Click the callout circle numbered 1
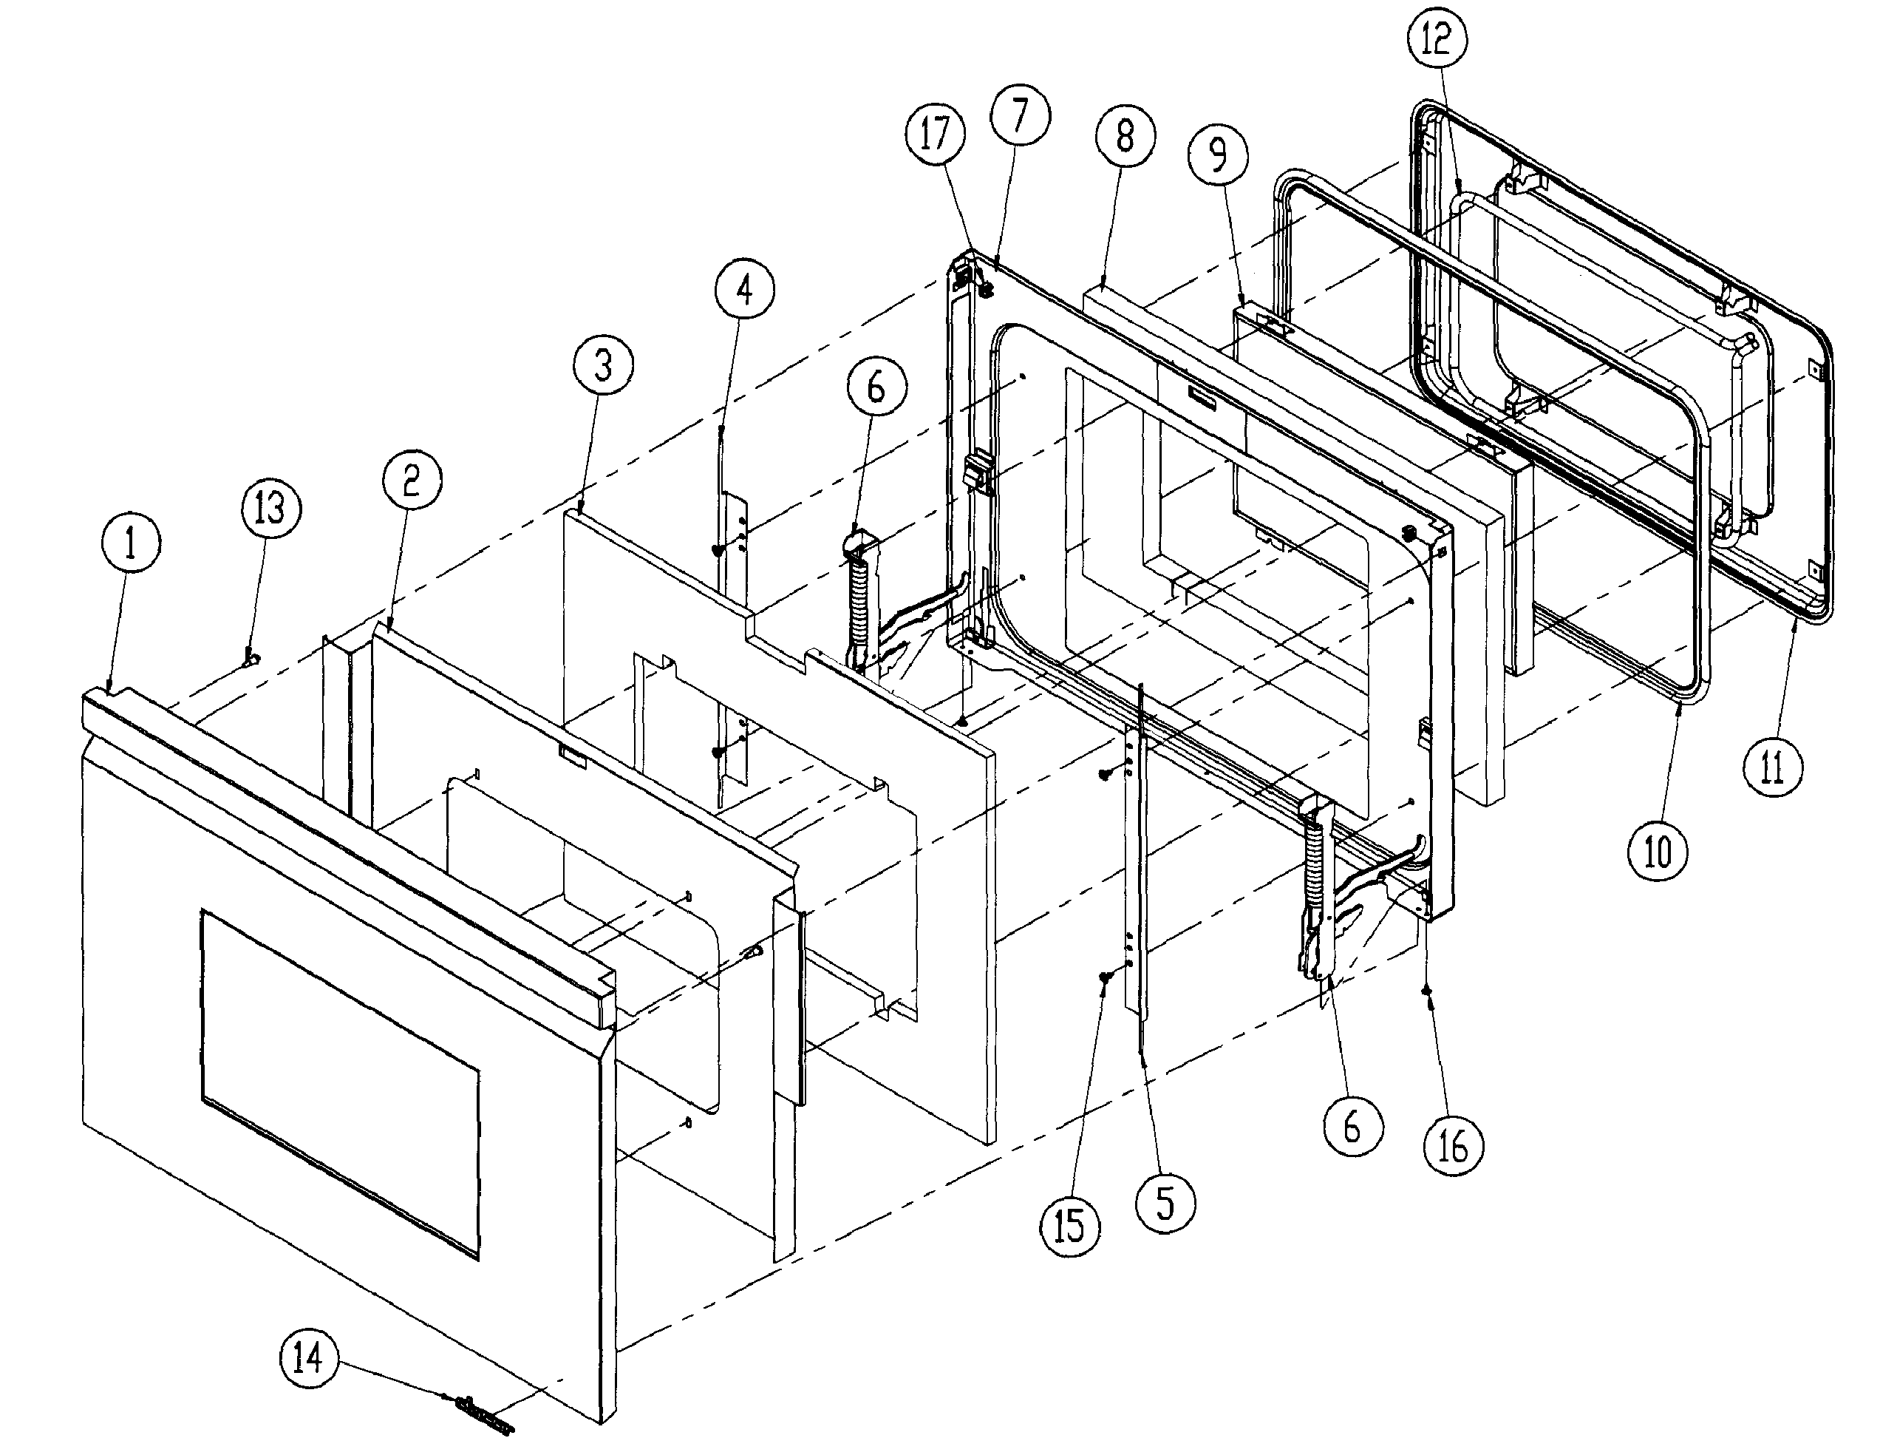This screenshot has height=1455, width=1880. [x=130, y=545]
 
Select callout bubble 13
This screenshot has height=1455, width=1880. [x=270, y=507]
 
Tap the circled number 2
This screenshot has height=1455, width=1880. [x=411, y=480]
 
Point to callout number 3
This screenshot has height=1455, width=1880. [x=602, y=365]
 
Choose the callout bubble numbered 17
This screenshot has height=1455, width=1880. [x=935, y=133]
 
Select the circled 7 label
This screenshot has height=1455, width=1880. [x=1019, y=115]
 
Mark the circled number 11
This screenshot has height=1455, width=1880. [x=1772, y=766]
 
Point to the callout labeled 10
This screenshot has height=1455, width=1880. [x=1657, y=852]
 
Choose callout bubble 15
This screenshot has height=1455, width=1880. [x=1070, y=1226]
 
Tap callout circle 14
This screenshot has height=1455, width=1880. [x=309, y=1357]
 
